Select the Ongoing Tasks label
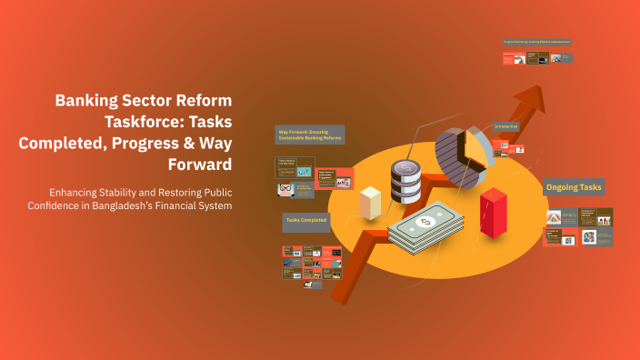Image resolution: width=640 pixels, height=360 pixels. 574,187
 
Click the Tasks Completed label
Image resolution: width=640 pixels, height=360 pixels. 305,221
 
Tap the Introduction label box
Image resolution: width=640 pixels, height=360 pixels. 506,125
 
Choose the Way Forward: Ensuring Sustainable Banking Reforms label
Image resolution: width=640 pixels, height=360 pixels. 310,135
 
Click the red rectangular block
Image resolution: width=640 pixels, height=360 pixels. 493,212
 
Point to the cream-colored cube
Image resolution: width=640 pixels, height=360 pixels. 370,202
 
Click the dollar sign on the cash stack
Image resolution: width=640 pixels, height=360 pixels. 424,222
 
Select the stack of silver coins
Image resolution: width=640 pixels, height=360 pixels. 404,181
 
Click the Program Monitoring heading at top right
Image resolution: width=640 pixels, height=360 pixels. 537,42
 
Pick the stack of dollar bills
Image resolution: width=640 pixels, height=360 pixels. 425,230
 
